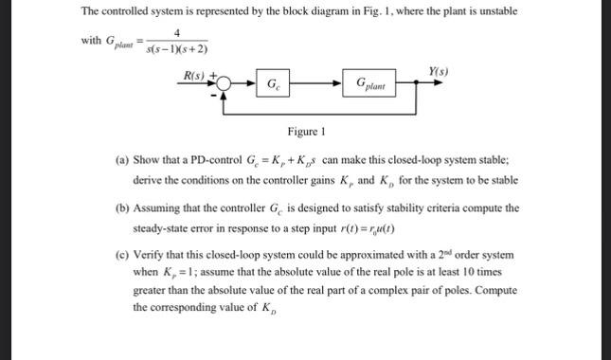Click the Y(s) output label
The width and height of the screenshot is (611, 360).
coord(439,72)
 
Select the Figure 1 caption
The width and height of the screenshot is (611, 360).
coord(307,132)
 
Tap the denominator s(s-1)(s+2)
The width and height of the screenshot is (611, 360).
coord(177,48)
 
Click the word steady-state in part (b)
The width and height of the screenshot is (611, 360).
coord(162,227)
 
